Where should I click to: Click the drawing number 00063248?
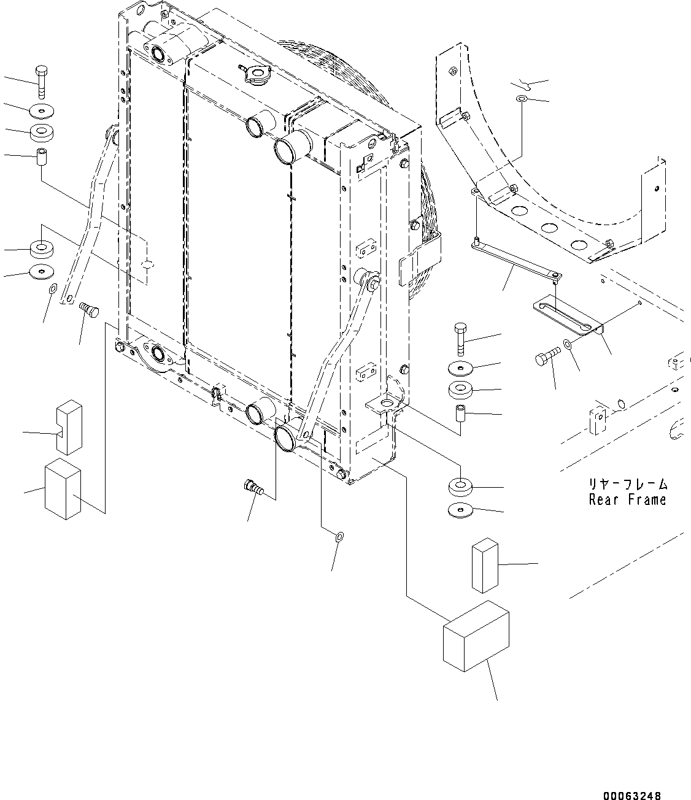tap(631, 796)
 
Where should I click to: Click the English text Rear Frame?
tap(627, 500)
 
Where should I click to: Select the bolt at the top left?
tap(41, 80)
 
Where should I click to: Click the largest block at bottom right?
tap(476, 636)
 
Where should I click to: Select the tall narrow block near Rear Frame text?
tap(485, 565)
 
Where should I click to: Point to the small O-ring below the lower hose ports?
tap(339, 537)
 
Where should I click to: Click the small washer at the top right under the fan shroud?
tap(522, 99)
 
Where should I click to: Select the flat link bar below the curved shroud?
tap(517, 260)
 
